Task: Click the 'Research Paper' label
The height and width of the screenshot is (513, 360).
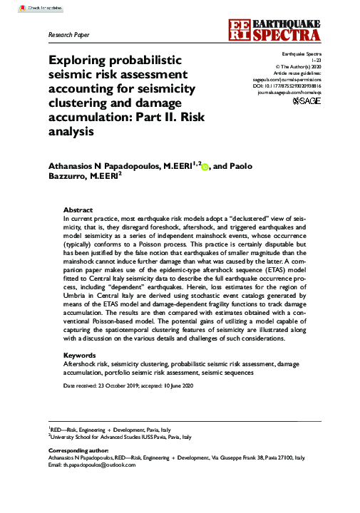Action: point(68,34)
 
